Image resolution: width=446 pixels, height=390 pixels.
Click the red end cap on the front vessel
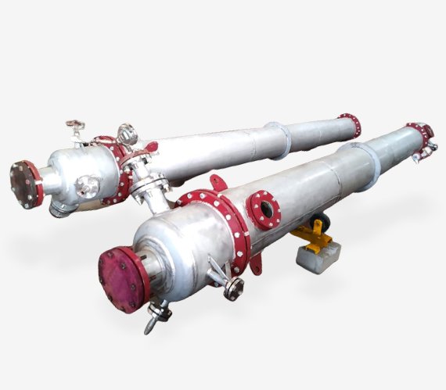click(123, 277)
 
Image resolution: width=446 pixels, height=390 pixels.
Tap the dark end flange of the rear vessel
click(26, 184)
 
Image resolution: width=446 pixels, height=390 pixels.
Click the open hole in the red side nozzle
click(266, 208)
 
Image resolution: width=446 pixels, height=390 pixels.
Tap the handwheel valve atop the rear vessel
click(76, 127)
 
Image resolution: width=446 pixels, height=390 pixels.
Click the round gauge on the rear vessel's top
click(128, 134)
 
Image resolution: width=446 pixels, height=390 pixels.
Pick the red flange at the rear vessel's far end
click(349, 124)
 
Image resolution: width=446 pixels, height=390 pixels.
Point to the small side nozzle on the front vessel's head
click(232, 287)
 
